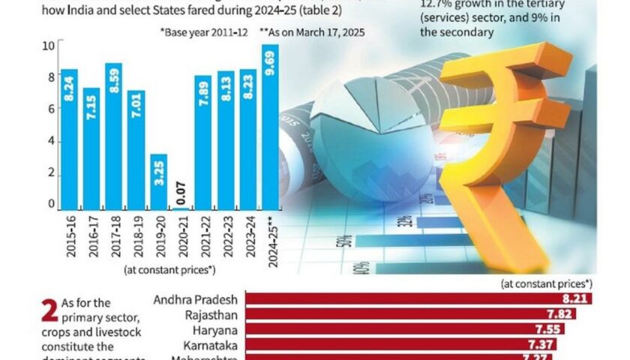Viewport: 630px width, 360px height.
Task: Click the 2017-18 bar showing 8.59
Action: pyautogui.click(x=114, y=136)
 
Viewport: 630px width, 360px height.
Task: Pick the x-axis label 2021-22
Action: pyautogui.click(x=202, y=236)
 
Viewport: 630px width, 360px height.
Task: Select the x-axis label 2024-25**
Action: pyautogui.click(x=270, y=240)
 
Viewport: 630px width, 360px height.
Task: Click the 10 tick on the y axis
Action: pyautogui.click(x=49, y=45)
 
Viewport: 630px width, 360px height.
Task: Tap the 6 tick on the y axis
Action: pyautogui.click(x=51, y=109)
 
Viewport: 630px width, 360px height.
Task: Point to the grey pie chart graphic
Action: pyautogui.click(x=352, y=142)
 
